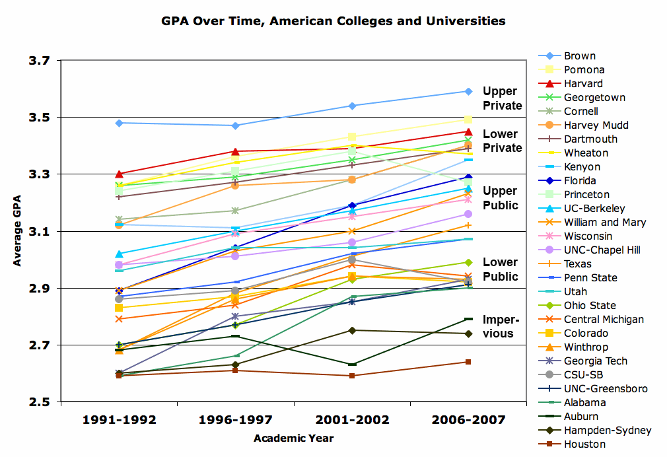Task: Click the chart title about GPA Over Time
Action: tap(333, 21)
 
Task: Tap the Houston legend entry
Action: tap(584, 444)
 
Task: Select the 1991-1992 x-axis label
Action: tap(119, 420)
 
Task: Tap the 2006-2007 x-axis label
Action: tap(468, 420)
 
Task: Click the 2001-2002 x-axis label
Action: tap(351, 420)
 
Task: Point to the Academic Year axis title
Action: tap(293, 438)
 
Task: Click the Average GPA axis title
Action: tap(17, 231)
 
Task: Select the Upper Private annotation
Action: tap(502, 98)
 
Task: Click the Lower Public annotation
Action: tap(501, 269)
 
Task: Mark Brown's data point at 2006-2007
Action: tap(468, 91)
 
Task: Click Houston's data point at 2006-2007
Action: tap(468, 362)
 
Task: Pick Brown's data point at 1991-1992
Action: tap(119, 123)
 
